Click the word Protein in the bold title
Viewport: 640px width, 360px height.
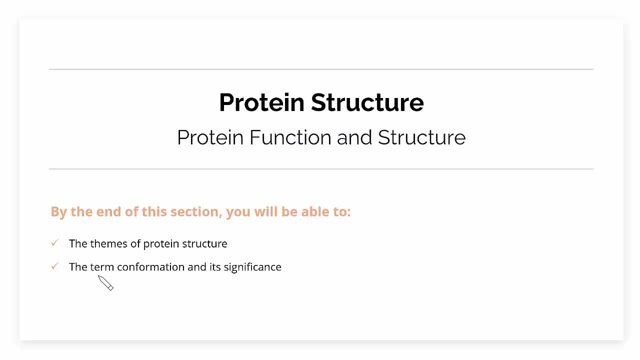tap(261, 102)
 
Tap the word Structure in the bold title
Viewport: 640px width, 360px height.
tap(367, 102)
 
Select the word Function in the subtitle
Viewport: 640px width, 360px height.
tap(290, 137)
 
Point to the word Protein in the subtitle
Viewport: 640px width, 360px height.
tap(210, 137)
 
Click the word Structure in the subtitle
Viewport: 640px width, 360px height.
tap(421, 137)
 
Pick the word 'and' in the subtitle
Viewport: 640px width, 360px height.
tap(354, 137)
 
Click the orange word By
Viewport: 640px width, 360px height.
tap(59, 212)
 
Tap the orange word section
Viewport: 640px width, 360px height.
tap(196, 211)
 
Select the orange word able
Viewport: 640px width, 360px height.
tap(314, 211)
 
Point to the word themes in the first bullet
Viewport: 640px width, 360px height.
tap(109, 243)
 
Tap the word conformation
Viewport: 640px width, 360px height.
tap(151, 267)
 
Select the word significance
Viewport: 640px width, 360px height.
tap(252, 267)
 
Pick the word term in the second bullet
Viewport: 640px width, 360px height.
tap(102, 267)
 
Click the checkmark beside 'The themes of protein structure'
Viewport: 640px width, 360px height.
tap(55, 243)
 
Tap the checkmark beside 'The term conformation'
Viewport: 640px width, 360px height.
tap(55, 266)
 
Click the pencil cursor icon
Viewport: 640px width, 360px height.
tap(105, 283)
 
